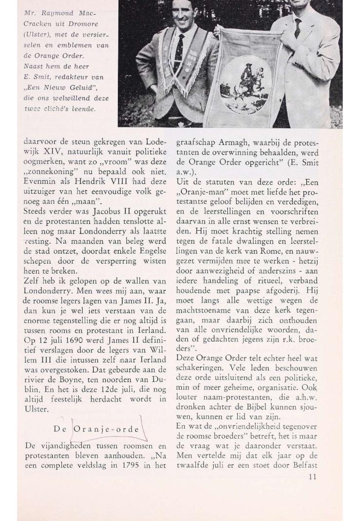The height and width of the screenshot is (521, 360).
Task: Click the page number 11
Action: pyautogui.click(x=312, y=477)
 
